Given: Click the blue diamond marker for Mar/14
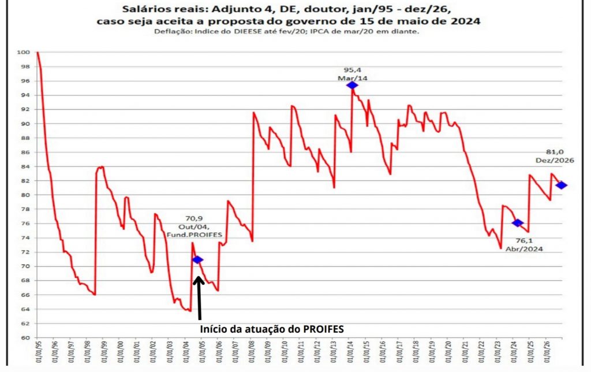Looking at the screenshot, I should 352,85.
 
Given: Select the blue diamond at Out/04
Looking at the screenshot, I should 198,260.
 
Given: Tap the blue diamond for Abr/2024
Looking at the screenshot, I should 517,223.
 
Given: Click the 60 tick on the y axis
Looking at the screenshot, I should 26,338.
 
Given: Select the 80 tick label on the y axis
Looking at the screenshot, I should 26,195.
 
